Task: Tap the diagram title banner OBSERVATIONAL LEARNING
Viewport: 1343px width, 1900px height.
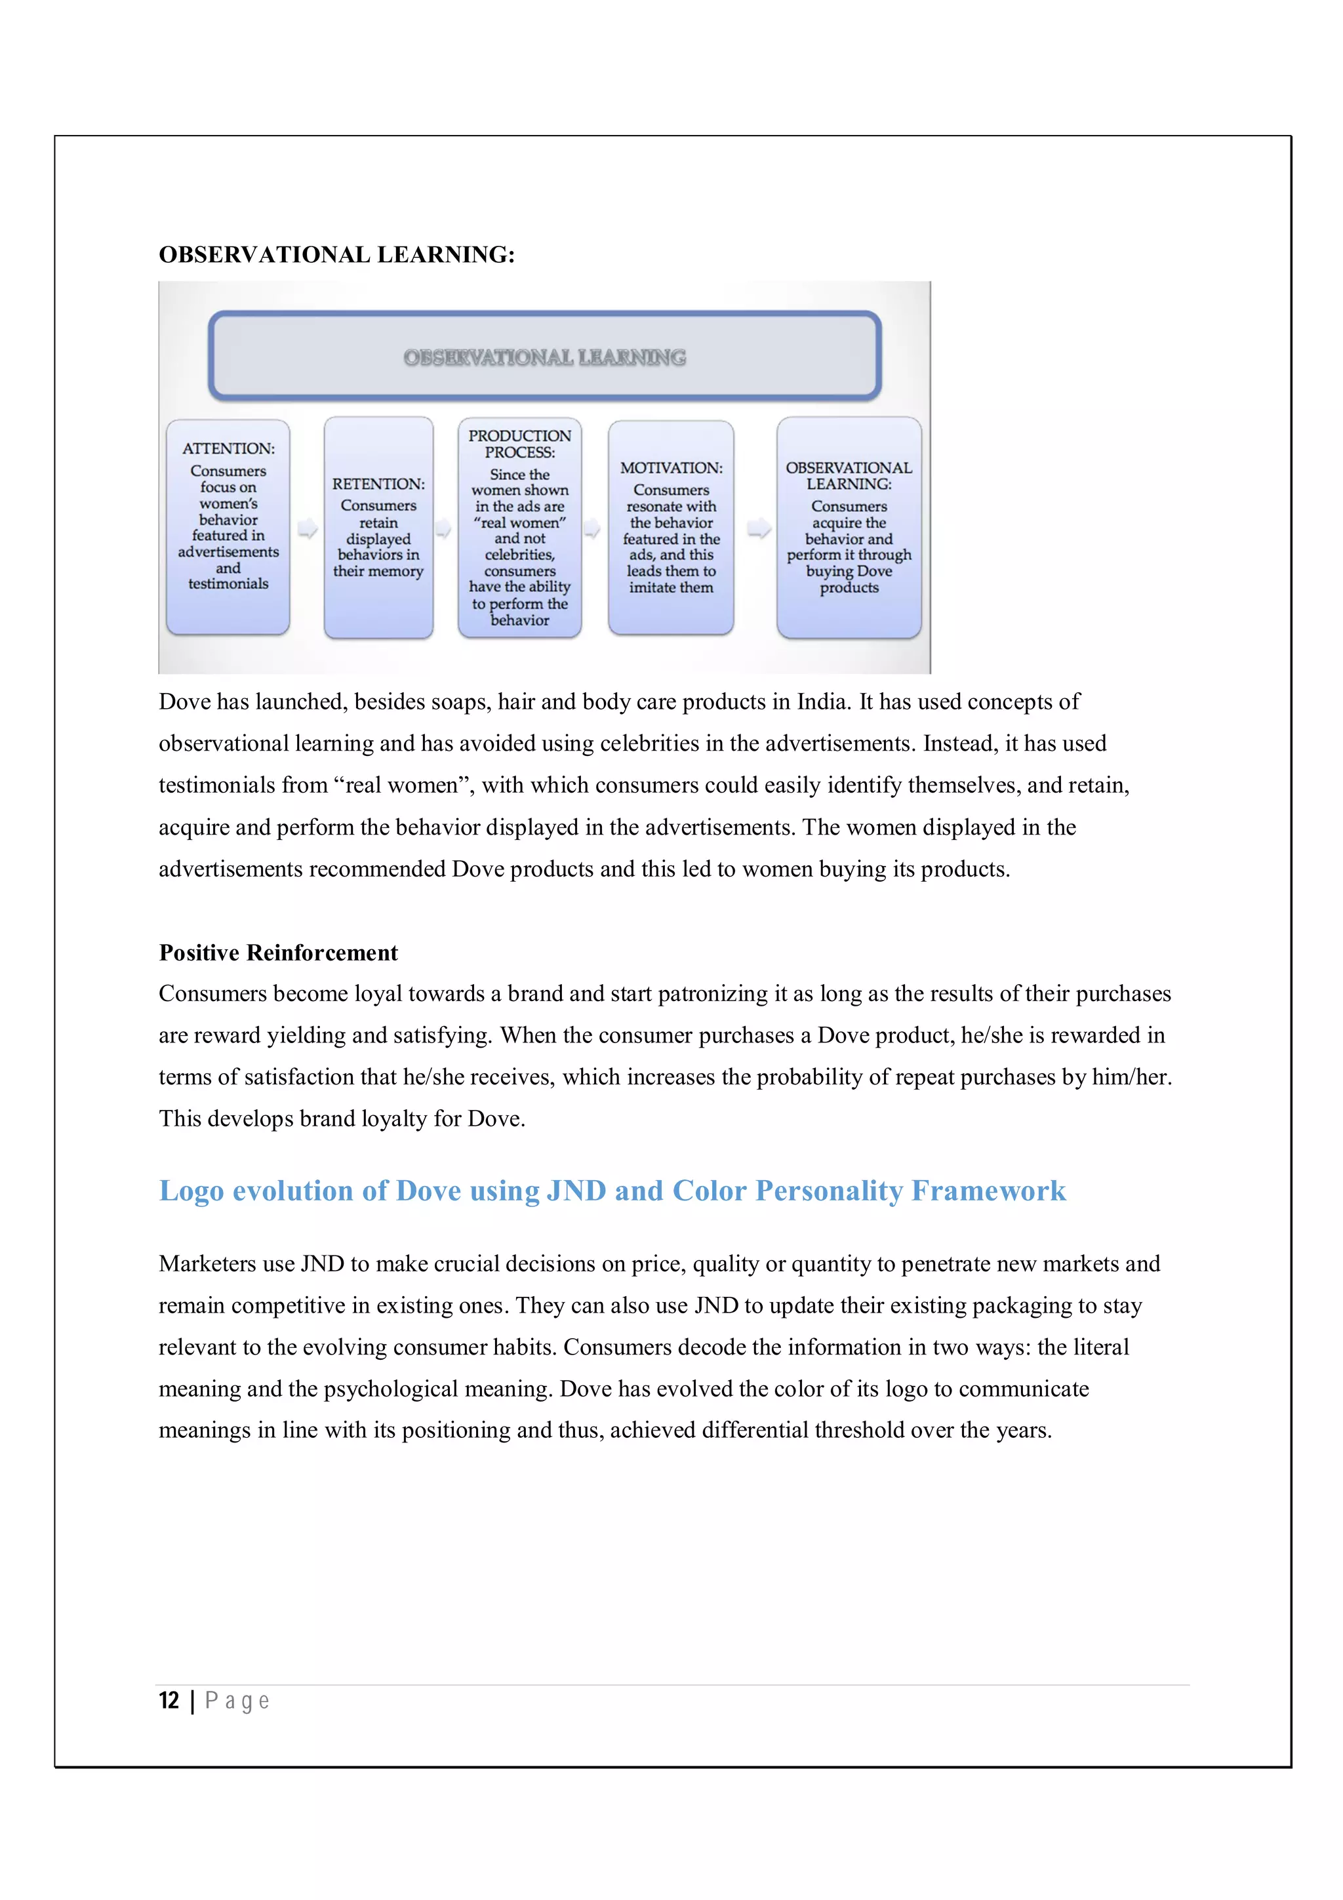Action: [544, 357]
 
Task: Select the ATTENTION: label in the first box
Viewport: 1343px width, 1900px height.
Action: [228, 448]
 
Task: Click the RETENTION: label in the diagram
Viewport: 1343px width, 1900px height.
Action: [378, 484]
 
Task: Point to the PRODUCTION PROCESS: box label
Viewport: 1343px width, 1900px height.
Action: [519, 444]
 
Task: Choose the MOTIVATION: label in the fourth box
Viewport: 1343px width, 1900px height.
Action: [671, 467]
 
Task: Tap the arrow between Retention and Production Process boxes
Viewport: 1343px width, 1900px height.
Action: [443, 529]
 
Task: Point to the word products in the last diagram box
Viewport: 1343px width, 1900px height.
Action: [849, 587]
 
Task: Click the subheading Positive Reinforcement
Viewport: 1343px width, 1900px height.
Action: [278, 953]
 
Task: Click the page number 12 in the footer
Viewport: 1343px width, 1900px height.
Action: [169, 1701]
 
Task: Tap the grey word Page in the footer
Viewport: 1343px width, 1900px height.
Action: [237, 1701]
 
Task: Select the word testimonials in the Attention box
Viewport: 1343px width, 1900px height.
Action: [228, 584]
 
